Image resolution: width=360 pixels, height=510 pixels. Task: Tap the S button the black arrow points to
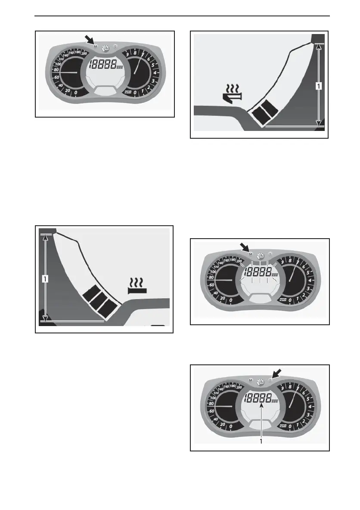pyautogui.click(x=270, y=380)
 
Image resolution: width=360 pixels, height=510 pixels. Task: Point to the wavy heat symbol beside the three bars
pyautogui.click(x=138, y=285)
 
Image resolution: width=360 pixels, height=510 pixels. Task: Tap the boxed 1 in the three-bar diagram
pyautogui.click(x=45, y=279)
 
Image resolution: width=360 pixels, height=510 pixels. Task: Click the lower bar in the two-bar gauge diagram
pyautogui.click(x=261, y=115)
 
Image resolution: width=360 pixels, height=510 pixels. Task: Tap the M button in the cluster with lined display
pyautogui.click(x=251, y=254)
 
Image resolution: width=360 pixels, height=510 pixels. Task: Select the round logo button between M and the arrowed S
pyautogui.click(x=260, y=380)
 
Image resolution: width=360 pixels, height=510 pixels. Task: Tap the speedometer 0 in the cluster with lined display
pyautogui.click(x=231, y=300)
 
